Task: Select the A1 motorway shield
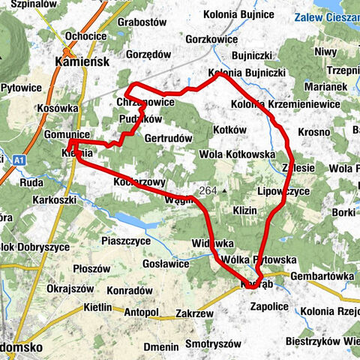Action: click(19, 159)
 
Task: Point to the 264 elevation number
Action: click(208, 190)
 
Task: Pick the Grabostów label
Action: click(142, 22)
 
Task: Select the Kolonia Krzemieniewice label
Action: click(285, 103)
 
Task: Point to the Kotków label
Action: click(229, 130)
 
